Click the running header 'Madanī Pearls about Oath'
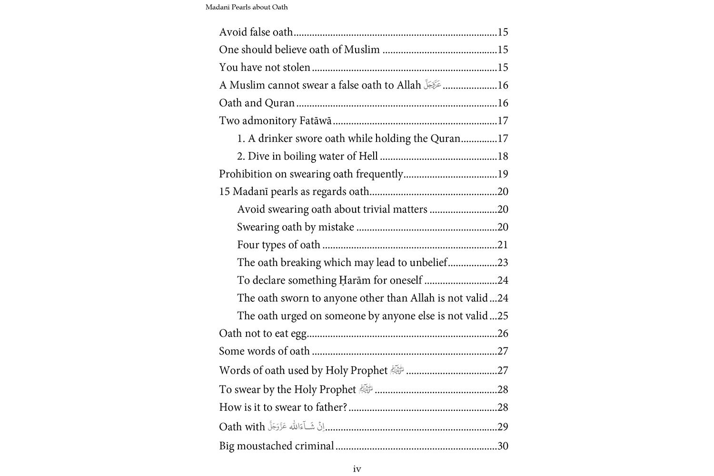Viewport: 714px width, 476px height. point(247,7)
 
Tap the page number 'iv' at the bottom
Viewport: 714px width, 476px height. point(357,469)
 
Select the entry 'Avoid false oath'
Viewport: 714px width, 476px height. point(256,32)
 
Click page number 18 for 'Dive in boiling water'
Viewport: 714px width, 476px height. point(503,156)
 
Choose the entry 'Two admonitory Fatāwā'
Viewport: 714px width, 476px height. point(275,121)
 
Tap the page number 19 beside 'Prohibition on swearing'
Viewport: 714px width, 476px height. point(503,174)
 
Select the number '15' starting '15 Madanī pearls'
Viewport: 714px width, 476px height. point(225,191)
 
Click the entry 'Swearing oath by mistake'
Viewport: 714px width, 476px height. point(296,227)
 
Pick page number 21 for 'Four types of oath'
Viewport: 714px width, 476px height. point(503,245)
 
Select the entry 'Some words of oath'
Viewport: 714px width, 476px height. point(264,351)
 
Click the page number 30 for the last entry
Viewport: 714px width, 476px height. point(503,446)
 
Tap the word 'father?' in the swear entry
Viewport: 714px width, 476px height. point(331,407)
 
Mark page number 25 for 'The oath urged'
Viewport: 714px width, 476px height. point(503,316)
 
